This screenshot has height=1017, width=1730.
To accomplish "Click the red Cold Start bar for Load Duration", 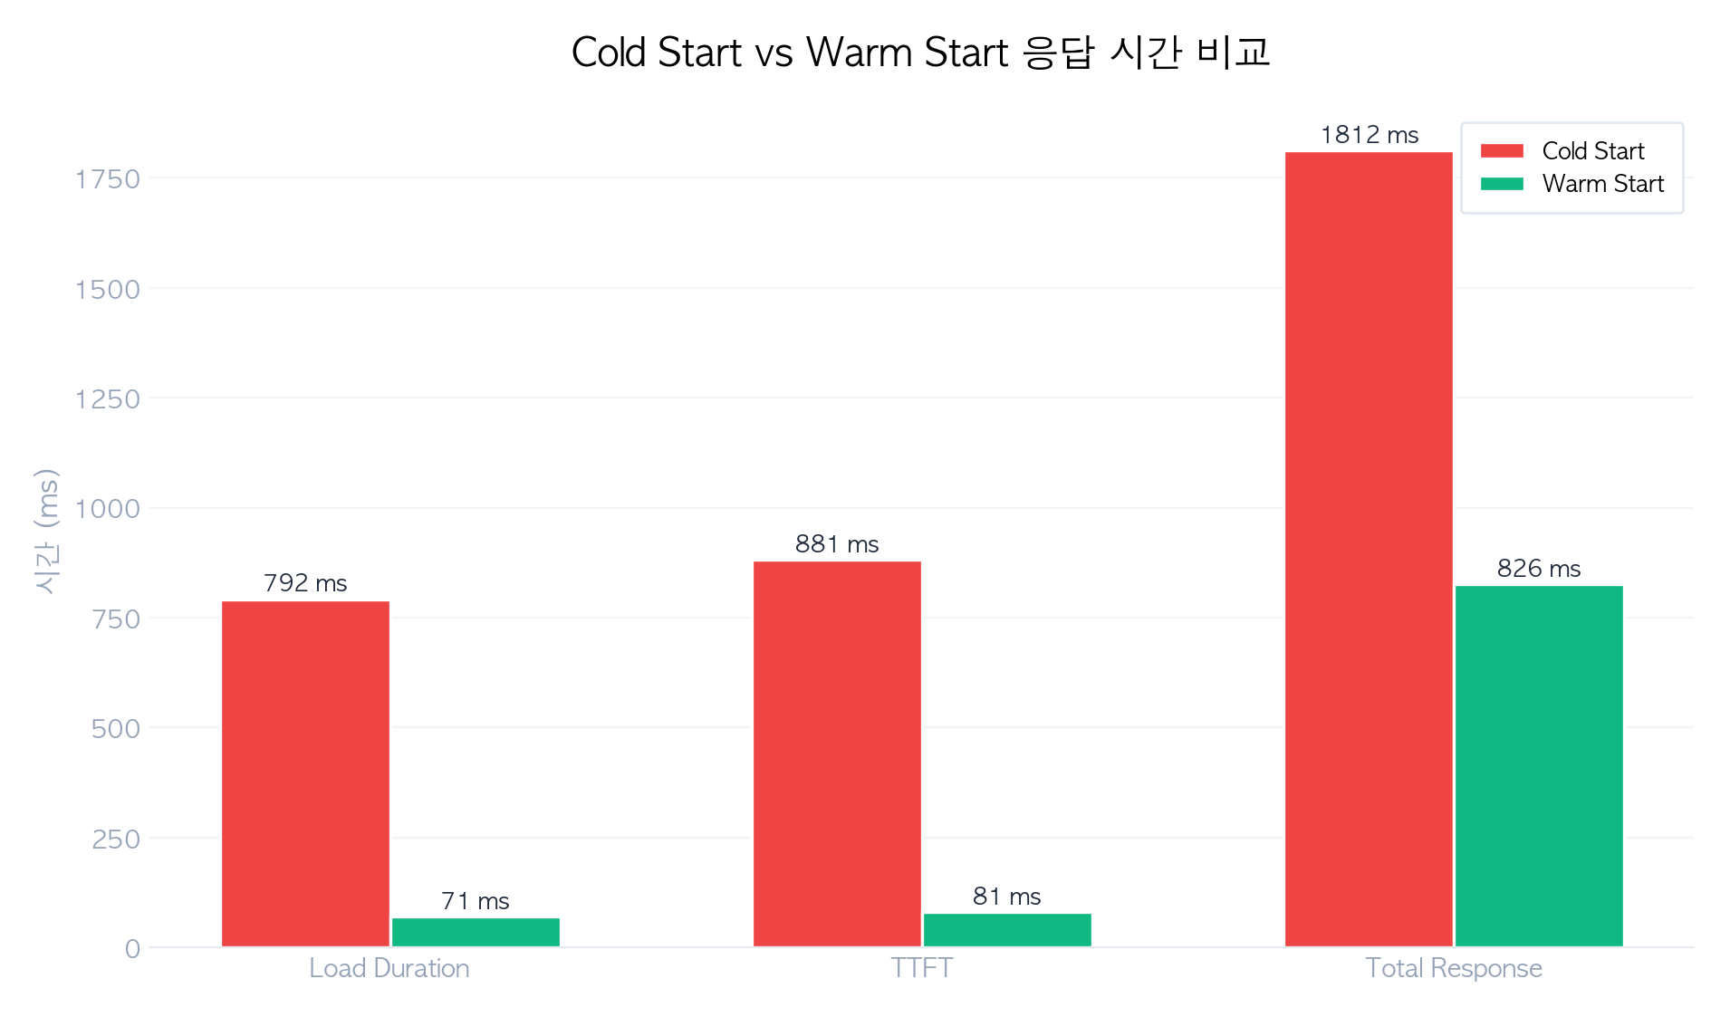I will click(x=305, y=774).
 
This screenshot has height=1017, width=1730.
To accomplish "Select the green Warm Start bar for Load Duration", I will click(x=476, y=933).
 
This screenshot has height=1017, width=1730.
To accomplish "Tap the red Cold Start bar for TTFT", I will click(x=837, y=754).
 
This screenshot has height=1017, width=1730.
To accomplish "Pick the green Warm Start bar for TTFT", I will click(x=1007, y=930).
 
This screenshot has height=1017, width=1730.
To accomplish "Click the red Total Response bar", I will click(x=1369, y=550).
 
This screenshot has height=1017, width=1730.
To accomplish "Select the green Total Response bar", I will click(x=1539, y=766).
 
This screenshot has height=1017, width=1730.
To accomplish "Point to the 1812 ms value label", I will click(x=1370, y=135).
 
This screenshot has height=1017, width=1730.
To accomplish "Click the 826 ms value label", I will click(x=1539, y=569).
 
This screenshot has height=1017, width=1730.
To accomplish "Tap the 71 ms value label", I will click(x=476, y=901).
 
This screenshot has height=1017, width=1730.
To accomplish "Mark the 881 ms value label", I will click(x=837, y=544).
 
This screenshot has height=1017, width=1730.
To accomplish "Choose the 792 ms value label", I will click(x=305, y=583).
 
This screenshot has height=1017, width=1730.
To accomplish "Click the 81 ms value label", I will click(x=1007, y=897).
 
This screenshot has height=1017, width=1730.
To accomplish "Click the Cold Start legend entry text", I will click(x=1593, y=151).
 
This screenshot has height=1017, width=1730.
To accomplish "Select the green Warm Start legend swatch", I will click(x=1502, y=184).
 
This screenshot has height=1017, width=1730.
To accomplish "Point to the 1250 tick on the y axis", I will click(x=108, y=399).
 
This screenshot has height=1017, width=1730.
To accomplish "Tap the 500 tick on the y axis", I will click(x=116, y=729).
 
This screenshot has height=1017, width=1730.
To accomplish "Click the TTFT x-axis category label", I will click(x=921, y=968).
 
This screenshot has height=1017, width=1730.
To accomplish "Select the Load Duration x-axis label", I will click(x=389, y=968).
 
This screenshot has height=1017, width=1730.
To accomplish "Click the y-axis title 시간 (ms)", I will click(x=46, y=532).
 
